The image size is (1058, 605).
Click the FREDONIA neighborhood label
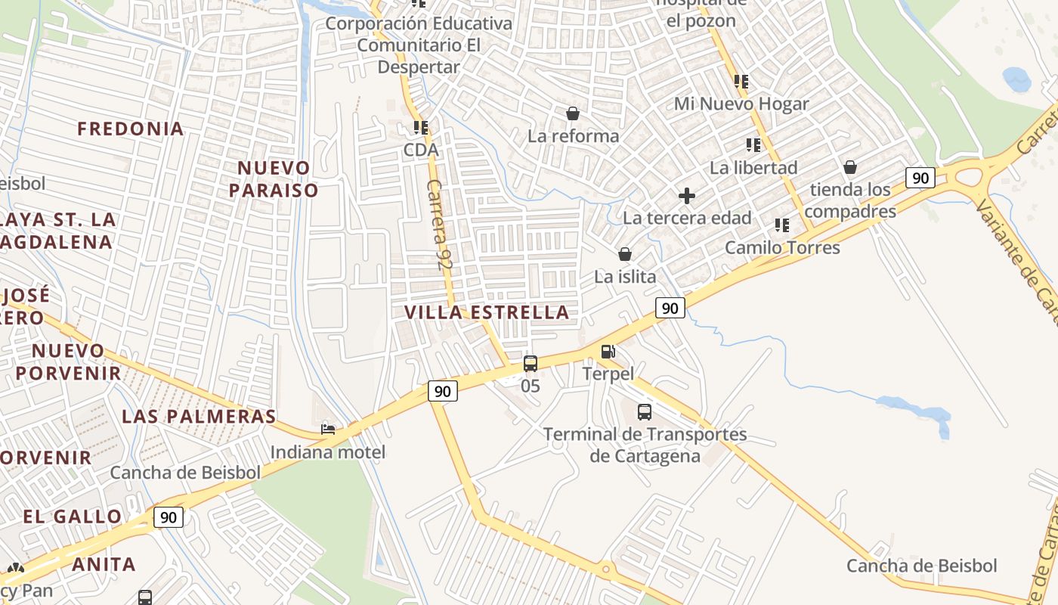coord(131,129)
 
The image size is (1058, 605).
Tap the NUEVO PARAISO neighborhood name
coord(274,178)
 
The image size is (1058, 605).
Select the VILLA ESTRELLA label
coord(487,312)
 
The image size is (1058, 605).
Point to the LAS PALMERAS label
coord(199,417)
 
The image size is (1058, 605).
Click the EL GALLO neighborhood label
coord(73,517)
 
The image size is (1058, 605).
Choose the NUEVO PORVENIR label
coord(68,361)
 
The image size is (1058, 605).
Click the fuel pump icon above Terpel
coord(608,352)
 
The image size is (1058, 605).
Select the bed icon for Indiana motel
coord(328,430)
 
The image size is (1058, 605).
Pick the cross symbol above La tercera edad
coord(687,197)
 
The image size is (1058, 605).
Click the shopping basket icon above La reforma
coord(573,114)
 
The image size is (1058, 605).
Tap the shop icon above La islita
coord(625,254)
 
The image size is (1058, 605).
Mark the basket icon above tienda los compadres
coord(850,167)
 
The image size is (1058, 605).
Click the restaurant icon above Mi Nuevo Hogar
coord(741,81)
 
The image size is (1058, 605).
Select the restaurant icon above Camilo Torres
coord(782,225)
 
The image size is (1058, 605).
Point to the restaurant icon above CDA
coord(421,128)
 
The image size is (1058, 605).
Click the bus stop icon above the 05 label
coord(531,364)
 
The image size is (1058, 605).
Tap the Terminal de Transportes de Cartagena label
coord(645,445)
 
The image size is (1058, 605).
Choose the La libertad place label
coord(753,168)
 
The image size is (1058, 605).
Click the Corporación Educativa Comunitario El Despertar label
coord(419,45)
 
